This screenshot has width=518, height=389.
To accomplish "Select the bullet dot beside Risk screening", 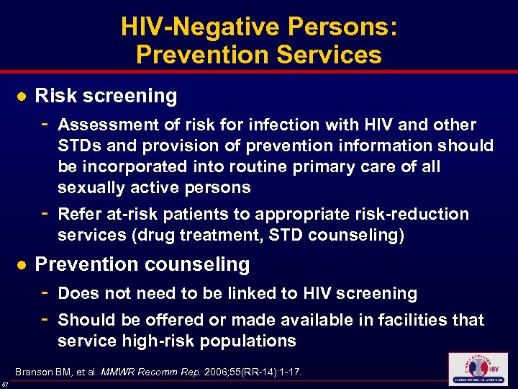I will click(22, 96).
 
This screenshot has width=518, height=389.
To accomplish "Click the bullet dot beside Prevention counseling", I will click(22, 265).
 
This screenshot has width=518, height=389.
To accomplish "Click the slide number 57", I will click(6, 384).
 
